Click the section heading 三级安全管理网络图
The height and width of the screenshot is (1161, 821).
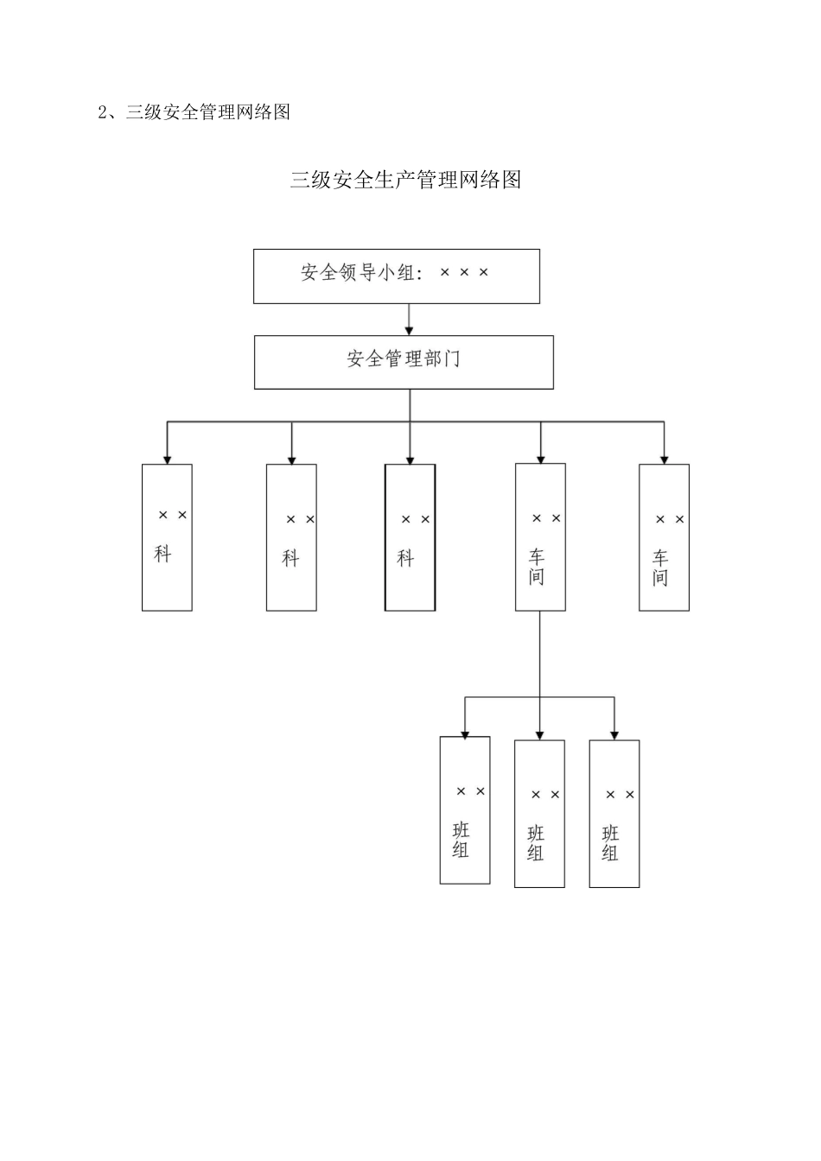pos(207,112)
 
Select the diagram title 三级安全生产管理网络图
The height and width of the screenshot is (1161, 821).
pos(405,180)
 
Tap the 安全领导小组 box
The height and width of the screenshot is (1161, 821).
pos(396,276)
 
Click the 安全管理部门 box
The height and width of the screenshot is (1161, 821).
pos(404,362)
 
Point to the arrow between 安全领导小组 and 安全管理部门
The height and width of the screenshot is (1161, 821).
pos(410,320)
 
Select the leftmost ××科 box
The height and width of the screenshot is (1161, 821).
pos(167,537)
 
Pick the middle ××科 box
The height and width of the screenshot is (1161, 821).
pos(291,537)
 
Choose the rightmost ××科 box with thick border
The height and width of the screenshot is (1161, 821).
pos(410,537)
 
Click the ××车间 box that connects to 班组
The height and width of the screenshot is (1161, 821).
pos(540,537)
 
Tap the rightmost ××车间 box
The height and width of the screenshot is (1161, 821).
pos(664,537)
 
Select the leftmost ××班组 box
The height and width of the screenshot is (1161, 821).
pos(465,810)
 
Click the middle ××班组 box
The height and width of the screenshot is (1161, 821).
pos(539,814)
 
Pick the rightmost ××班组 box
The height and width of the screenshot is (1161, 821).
pos(614,814)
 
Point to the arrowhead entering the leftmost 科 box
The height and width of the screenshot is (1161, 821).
pos(167,459)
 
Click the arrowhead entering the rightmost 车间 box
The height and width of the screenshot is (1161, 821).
pos(664,459)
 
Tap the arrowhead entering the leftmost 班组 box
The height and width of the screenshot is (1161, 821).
pos(465,733)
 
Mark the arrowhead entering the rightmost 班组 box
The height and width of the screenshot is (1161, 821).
pos(614,734)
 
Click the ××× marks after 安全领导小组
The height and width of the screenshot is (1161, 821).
pos(464,273)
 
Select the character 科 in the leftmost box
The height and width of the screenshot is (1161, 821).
pos(162,555)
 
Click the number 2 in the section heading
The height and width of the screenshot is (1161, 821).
pos(102,112)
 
